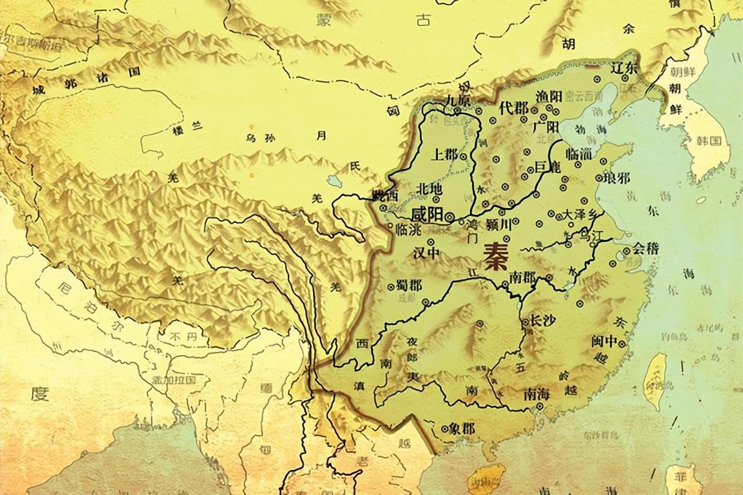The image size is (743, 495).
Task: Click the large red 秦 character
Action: tap(494, 253)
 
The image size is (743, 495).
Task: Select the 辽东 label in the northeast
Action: tap(624, 68)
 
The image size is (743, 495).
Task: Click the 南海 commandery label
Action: tap(536, 394)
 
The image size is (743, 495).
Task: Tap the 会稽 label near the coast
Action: tap(645, 249)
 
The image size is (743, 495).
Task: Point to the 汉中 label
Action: tap(426, 253)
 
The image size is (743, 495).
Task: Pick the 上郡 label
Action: tap(444, 155)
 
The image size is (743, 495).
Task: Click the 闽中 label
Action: tap(604, 341)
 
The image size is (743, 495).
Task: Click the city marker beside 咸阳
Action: tap(450, 216)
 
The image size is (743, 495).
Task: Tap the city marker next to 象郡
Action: tap(445, 430)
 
